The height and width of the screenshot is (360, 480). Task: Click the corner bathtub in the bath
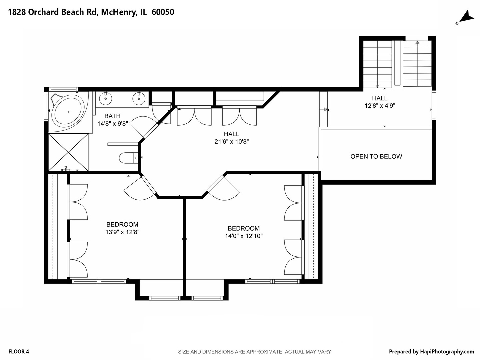68,111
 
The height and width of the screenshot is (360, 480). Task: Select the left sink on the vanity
105,98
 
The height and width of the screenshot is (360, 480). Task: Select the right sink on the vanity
138,98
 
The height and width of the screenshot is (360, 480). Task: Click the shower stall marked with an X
68,152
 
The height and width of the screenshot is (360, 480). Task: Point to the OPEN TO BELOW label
376,156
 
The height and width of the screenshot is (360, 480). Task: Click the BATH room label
112,116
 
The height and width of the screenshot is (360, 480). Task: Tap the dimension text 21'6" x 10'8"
231,142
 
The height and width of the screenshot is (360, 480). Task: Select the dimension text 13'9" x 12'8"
122,232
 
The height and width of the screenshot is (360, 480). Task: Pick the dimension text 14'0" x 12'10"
244,236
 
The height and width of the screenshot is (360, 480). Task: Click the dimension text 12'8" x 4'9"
380,106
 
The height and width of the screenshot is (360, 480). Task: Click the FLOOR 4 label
19,351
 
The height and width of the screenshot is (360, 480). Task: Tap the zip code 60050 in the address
163,12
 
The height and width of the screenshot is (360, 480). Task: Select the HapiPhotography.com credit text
431,351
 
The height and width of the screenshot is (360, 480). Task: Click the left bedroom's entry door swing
138,189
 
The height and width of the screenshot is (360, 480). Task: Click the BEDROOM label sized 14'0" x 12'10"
244,228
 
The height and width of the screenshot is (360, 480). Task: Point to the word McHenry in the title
118,12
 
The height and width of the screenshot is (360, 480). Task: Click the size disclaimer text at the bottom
254,352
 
